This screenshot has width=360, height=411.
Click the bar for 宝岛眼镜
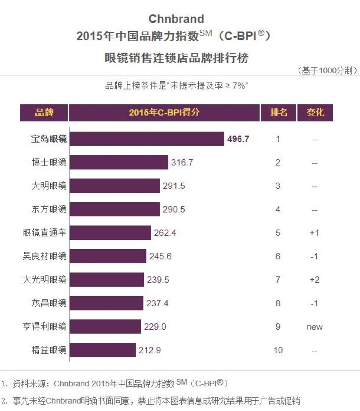click(147, 139)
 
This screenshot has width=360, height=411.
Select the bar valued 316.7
click(119, 162)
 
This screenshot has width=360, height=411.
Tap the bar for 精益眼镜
click(103, 350)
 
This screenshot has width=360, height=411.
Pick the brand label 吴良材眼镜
click(45, 256)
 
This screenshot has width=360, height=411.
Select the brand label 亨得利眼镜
click(45, 327)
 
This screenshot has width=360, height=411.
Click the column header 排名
click(278, 113)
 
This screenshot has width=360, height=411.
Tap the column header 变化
click(315, 113)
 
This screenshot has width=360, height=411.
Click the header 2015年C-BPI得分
click(164, 113)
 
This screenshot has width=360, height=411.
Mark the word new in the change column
click(314, 327)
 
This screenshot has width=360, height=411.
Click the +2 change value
click(314, 280)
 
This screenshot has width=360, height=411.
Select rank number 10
click(278, 351)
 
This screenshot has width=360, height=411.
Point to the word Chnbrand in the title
click(176, 19)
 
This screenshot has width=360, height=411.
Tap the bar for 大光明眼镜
click(107, 280)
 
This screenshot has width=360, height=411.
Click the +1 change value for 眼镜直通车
click(314, 233)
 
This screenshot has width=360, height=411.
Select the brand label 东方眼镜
click(49, 210)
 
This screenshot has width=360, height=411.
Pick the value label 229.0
click(155, 327)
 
